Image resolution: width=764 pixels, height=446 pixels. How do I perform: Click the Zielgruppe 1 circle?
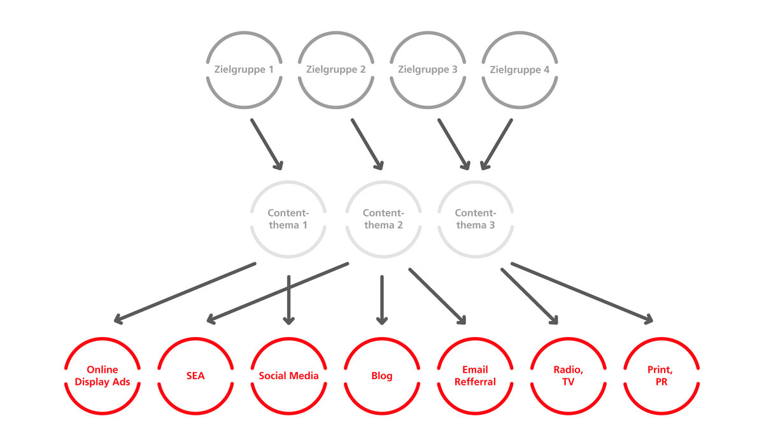[x=244, y=32]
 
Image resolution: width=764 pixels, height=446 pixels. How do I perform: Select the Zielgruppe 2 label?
[x=336, y=69]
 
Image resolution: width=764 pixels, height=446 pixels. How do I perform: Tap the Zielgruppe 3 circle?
[x=428, y=32]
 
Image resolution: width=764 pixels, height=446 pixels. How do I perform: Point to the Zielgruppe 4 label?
[x=520, y=70]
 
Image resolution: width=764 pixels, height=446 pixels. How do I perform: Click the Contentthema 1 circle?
[x=288, y=182]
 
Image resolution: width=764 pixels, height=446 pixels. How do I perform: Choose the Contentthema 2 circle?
[x=383, y=182]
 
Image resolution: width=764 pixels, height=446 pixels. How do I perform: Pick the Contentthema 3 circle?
[x=476, y=182]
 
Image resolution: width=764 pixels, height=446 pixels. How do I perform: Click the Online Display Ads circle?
[x=103, y=338]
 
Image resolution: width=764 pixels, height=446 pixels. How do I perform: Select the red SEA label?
[x=195, y=376]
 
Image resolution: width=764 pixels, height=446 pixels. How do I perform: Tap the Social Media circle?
[x=288, y=338]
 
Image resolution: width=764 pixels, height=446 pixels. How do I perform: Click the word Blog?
[x=381, y=376]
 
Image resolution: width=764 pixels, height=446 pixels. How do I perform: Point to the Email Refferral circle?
[x=475, y=338]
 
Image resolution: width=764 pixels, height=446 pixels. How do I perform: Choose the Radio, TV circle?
[x=568, y=338]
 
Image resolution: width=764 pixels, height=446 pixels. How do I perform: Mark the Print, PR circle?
[x=661, y=338]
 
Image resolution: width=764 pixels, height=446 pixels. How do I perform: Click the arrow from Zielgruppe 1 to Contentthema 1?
[x=267, y=144]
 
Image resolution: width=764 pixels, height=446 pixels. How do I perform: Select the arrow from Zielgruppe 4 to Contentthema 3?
[x=496, y=144]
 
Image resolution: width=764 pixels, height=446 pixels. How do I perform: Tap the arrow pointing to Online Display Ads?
[x=185, y=293]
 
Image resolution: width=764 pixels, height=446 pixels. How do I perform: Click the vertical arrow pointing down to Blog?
[x=381, y=300]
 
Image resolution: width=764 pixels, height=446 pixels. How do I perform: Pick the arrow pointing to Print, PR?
[x=582, y=293]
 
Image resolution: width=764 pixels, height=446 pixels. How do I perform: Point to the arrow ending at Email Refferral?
[x=437, y=296]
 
